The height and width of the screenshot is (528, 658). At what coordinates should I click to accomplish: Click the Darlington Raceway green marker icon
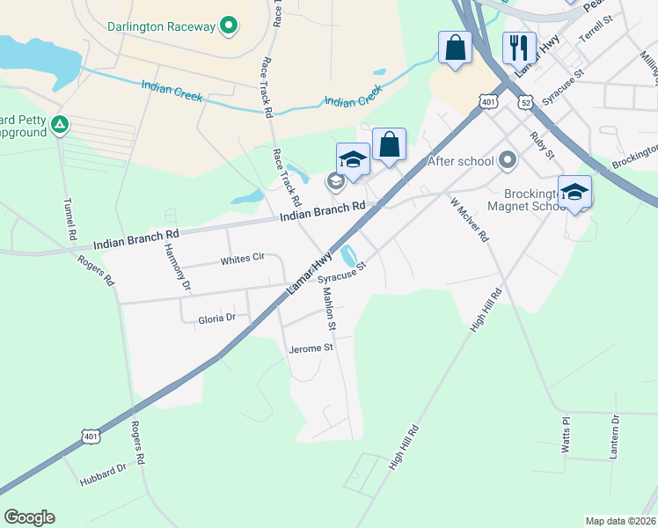coord(229,25)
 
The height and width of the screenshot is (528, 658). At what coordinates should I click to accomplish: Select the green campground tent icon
coord(60,125)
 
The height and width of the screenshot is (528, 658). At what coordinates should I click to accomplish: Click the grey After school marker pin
coord(507,160)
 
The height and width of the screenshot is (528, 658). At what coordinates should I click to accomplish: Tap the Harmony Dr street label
coord(177,268)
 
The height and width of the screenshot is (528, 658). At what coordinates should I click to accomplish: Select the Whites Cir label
coord(242,260)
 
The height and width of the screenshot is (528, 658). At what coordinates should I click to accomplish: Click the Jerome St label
coord(311,348)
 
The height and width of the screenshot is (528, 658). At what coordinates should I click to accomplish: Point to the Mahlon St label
coord(329,313)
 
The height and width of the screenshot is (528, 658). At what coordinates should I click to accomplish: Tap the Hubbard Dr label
coord(103,476)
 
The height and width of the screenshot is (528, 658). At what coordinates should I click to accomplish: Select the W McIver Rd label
coord(469,220)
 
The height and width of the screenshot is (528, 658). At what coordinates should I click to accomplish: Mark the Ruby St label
coord(542,146)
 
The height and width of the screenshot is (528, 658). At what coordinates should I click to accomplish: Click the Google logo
coord(29,517)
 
